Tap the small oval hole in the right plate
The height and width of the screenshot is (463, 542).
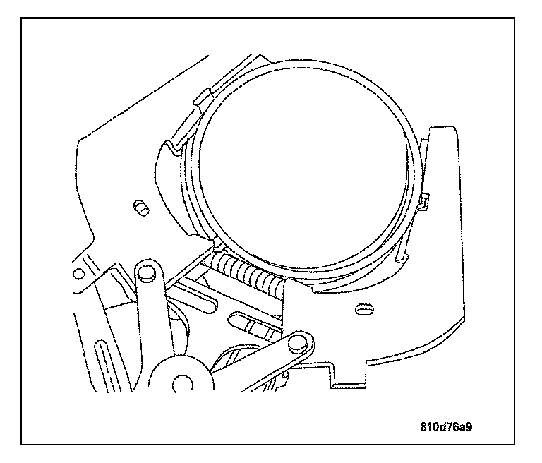(x=365, y=308)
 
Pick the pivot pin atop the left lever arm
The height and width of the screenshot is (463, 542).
(x=147, y=270)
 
